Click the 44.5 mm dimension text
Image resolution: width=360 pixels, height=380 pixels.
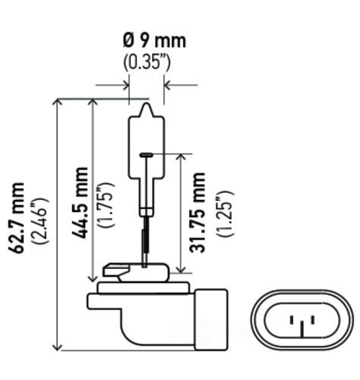[78, 201]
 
